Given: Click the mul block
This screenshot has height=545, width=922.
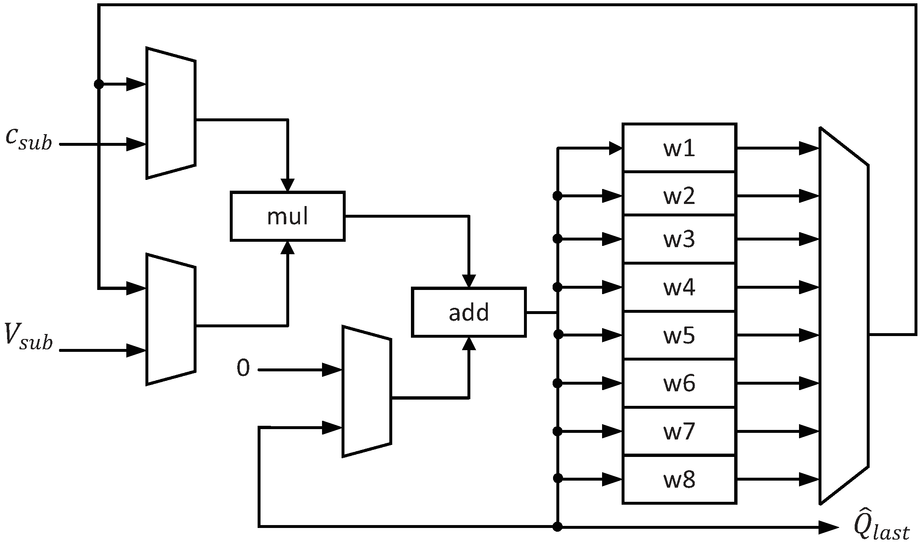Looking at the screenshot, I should pos(288,216).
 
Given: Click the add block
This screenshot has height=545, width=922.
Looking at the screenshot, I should pos(469,312).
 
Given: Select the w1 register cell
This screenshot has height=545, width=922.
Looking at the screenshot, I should pos(679,148).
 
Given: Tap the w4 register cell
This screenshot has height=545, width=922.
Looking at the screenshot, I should pos(679,287).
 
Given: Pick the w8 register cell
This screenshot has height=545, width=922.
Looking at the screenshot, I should pos(679,480).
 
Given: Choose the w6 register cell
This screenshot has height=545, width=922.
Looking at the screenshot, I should pos(679,383).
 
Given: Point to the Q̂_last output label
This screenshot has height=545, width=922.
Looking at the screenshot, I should pos(881,527).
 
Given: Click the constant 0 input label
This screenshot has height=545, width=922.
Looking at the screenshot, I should pos(243,368).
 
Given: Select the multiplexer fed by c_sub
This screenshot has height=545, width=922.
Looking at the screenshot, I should pos(171,113).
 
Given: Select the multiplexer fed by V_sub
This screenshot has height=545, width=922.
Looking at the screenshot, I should pos(171,319).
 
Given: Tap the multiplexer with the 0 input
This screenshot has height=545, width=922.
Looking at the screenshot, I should pos(366,391).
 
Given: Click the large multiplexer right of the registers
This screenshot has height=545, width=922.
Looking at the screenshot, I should pos(843,316).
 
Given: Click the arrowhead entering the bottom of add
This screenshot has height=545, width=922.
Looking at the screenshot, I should pos(469,343).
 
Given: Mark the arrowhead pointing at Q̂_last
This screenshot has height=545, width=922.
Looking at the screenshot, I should pos(829,527).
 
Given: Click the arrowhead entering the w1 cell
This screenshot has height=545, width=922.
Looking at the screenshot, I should pos(615,148).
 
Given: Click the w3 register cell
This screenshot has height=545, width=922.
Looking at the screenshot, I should pos(679,239).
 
